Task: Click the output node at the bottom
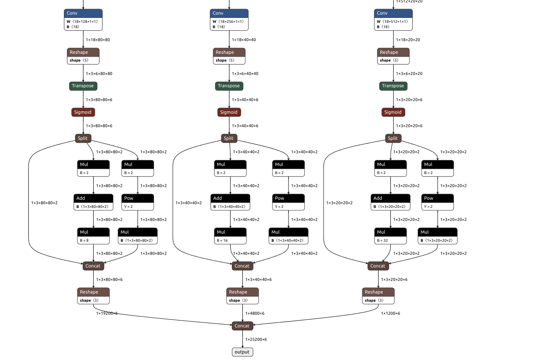pos(242,352)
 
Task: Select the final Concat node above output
pos(242,326)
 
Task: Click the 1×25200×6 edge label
pos(256,339)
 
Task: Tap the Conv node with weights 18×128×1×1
pos(83,20)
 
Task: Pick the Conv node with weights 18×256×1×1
pos(229,20)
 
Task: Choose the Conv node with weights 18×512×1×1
pos(393,20)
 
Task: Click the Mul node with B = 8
pos(93,236)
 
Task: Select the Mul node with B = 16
pos(230,236)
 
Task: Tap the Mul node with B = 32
pos(390,236)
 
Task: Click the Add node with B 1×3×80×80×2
pos(93,202)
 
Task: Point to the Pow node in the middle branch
pos(288,202)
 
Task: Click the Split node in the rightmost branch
pos(393,138)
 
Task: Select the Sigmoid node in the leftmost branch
pos(83,112)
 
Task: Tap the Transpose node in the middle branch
pos(229,86)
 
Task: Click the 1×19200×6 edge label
pos(107,313)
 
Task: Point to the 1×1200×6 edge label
pos(390,313)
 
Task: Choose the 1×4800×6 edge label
pos(255,313)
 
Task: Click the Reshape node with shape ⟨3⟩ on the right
pos(378,296)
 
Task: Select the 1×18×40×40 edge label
pos(244,40)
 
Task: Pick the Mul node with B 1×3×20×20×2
pos(438,236)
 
